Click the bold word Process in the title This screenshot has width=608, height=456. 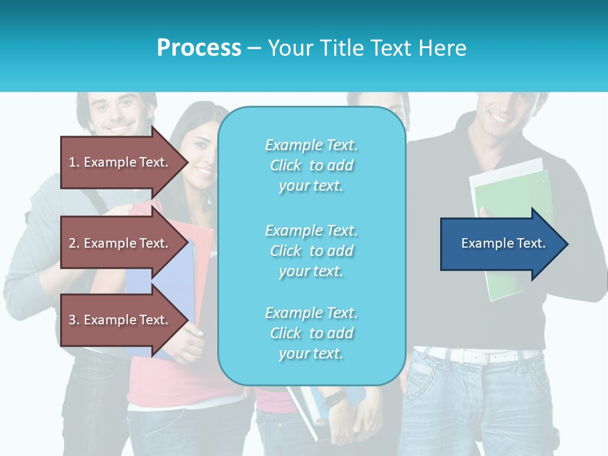click(x=199, y=47)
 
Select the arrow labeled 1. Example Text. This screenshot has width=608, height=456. click(x=120, y=162)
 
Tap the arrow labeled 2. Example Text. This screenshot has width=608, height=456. click(x=120, y=243)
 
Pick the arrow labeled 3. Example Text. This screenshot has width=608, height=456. click(x=120, y=320)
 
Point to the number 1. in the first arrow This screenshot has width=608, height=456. click(x=74, y=162)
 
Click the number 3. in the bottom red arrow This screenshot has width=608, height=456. click(x=74, y=320)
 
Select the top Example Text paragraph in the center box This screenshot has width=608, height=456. click(x=311, y=165)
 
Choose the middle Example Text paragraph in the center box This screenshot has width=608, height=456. click(x=311, y=251)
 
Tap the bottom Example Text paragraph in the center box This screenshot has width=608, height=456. click(x=311, y=333)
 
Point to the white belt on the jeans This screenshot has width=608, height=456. click(x=481, y=356)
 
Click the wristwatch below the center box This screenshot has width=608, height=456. click(x=333, y=399)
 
